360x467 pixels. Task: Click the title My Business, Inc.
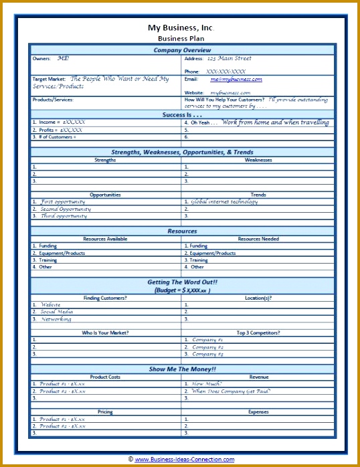[182, 28]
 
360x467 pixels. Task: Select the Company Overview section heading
[182, 50]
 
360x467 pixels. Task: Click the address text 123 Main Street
[229, 59]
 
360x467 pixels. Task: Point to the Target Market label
[49, 79]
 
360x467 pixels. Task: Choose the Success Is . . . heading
[182, 114]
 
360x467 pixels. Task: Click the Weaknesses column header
[258, 160]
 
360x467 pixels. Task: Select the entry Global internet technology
[224, 201]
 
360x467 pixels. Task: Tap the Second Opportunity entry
[66, 209]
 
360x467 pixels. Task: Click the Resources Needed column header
[258, 239]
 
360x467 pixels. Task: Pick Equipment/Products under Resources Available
[62, 254]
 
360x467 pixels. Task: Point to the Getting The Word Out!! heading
[182, 282]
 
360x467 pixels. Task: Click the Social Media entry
[57, 312]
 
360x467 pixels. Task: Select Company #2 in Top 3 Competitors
[208, 347]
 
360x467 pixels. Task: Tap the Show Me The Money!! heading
[182, 369]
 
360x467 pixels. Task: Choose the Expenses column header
[258, 412]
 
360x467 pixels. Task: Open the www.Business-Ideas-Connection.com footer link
[185, 460]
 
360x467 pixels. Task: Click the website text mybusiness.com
[231, 92]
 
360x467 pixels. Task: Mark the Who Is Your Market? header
[106, 333]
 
